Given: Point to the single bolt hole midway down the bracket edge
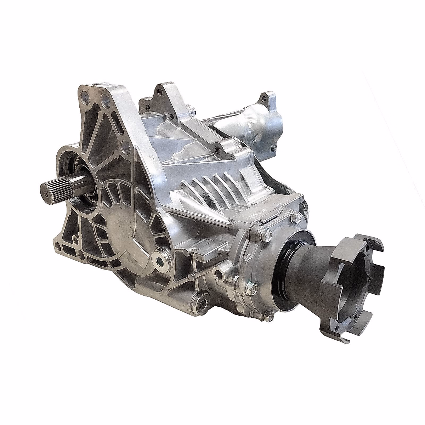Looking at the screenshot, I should (125, 145).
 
